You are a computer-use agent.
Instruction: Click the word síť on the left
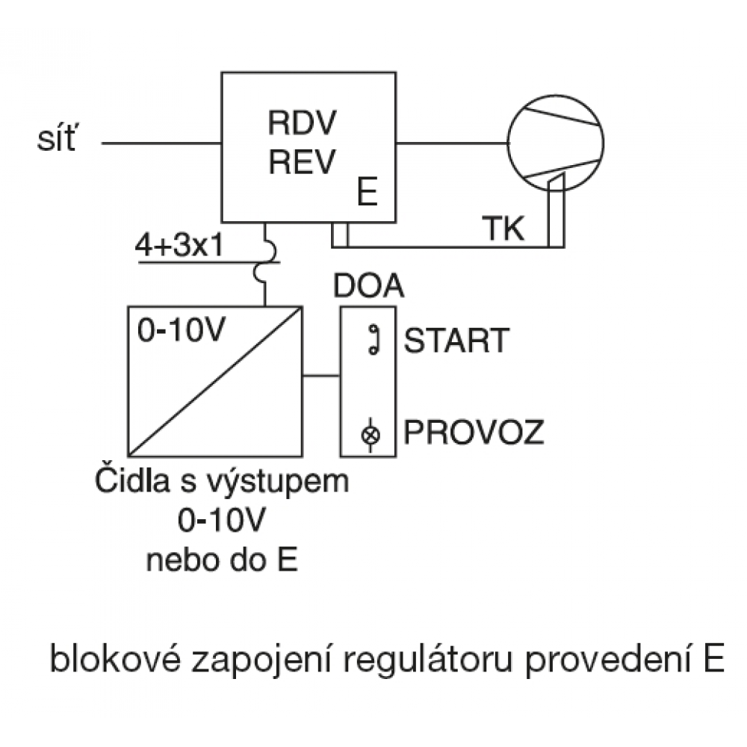56,140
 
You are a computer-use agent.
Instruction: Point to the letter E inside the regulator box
366,193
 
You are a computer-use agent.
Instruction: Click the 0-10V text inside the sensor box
179,330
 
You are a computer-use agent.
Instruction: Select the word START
456,341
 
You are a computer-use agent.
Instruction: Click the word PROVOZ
474,433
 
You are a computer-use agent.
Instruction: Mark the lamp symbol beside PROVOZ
368,434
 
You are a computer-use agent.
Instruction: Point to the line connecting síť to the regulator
161,142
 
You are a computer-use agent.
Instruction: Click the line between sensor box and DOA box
321,375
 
